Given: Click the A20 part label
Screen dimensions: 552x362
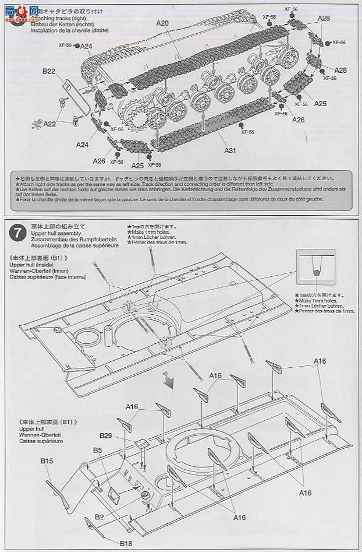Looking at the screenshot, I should (x=162, y=23).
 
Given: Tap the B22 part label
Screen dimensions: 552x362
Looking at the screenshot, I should (x=48, y=72).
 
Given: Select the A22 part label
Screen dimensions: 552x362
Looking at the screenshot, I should (x=50, y=124).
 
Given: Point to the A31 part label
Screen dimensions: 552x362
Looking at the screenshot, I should (x=230, y=150).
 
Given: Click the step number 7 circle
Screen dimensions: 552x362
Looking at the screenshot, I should (x=17, y=233).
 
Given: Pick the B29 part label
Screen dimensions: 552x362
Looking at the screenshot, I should (x=105, y=435).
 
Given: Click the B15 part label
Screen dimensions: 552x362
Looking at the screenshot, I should (x=47, y=462).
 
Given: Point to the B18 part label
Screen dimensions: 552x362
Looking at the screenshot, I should (x=126, y=543).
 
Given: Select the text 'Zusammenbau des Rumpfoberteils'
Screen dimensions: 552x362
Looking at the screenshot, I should (x=65, y=239).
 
